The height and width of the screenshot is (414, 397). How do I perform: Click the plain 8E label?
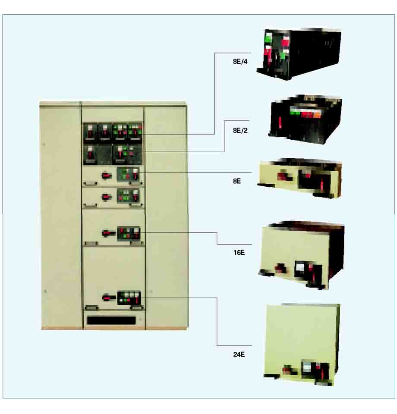(237, 181)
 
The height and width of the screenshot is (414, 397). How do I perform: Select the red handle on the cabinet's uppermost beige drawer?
(105, 175)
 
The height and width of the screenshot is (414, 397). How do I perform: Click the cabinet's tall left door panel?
(60, 216)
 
